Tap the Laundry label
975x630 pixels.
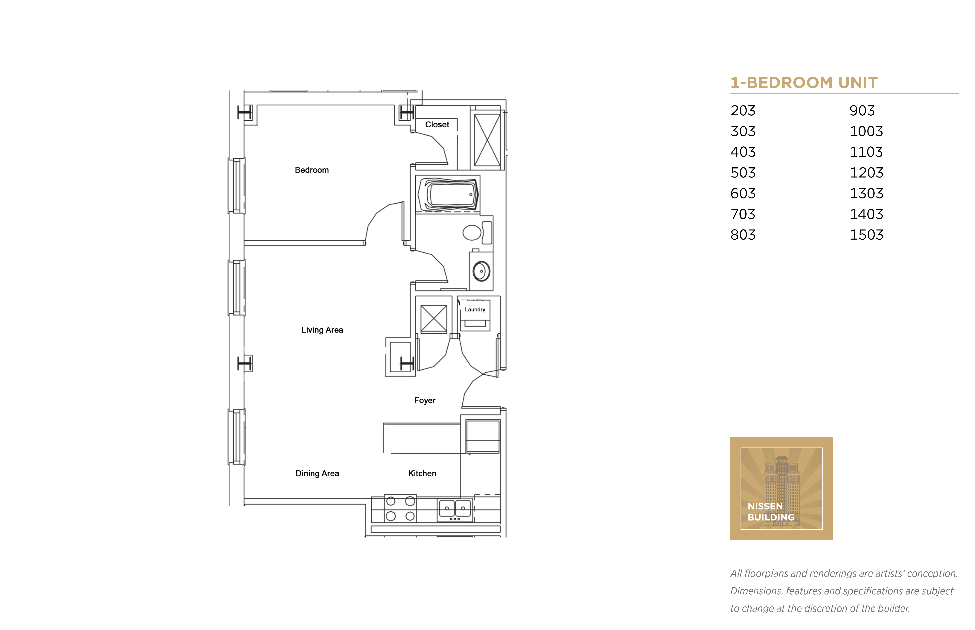[475, 310]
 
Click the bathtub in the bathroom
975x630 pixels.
[448, 195]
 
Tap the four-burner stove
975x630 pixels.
[400, 508]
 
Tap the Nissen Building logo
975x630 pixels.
[781, 488]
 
